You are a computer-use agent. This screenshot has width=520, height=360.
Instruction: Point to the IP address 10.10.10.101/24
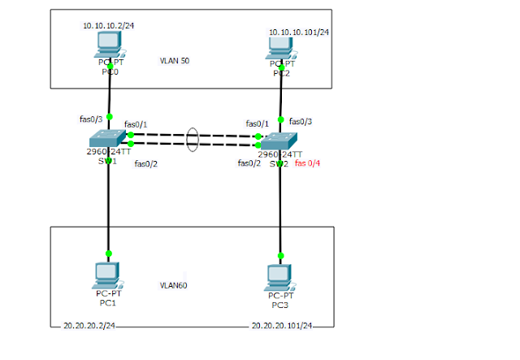click(x=299, y=33)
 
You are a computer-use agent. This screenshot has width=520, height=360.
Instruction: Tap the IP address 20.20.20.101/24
click(x=282, y=325)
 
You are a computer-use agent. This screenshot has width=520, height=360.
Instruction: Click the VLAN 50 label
click(x=175, y=61)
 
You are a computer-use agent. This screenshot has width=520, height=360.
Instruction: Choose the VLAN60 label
click(x=175, y=285)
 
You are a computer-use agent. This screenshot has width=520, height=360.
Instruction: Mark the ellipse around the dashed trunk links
click(x=192, y=138)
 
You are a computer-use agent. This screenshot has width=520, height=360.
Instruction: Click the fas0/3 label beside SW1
click(x=90, y=119)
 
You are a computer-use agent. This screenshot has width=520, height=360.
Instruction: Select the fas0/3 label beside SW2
click(x=301, y=121)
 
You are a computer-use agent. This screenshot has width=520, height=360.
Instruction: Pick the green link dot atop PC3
click(x=280, y=255)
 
